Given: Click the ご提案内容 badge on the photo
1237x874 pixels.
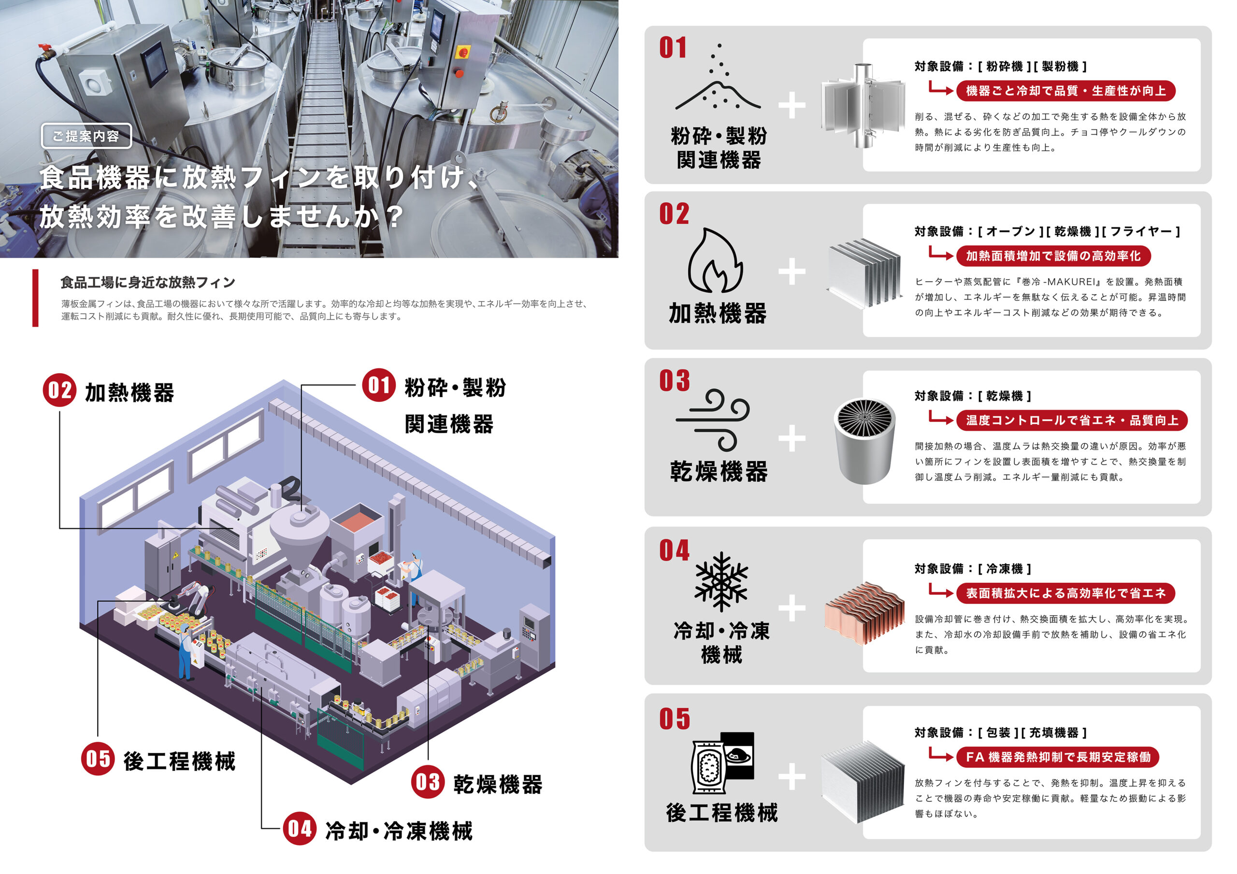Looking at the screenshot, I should coord(86,136).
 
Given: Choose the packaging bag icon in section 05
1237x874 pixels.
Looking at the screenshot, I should coord(722,762).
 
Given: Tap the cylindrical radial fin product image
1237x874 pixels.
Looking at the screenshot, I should coord(864,440).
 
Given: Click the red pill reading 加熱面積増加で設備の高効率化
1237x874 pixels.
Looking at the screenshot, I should coord(1053,256).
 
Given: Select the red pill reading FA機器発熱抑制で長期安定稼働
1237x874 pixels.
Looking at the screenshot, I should coord(1058,757).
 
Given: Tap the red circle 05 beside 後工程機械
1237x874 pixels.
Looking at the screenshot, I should coord(98,759).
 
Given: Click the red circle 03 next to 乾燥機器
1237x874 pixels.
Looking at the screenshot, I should coord(427,782).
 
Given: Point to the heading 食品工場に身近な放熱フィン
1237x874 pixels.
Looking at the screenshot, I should coord(148,282).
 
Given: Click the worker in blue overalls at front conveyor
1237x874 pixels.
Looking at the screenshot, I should coord(185,653).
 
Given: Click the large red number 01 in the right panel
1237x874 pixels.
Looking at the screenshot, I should coord(673,47).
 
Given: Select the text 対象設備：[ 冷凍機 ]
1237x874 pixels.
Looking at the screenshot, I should coord(973,569).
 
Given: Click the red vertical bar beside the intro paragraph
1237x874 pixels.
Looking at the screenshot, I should coord(36,298).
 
